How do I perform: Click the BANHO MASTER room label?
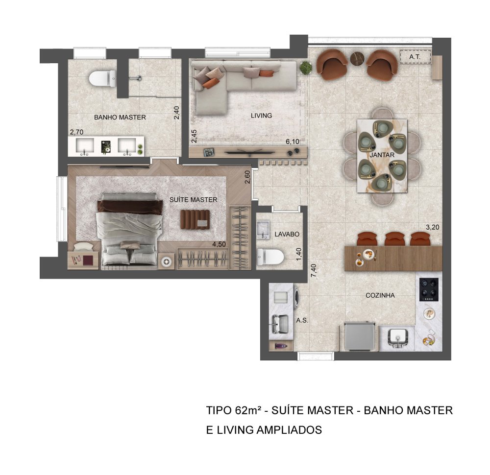point(120,118)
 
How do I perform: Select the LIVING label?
point(261,116)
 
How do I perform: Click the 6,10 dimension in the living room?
point(293,142)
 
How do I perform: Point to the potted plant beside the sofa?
point(306,68)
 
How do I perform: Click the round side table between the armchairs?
point(357,59)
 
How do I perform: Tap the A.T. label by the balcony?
point(415,57)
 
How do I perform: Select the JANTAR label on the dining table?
point(382,155)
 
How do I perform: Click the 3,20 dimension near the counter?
point(433,227)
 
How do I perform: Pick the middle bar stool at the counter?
point(395,239)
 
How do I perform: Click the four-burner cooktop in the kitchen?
point(429,289)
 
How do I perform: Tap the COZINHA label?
point(380,295)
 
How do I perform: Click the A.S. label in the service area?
point(302,320)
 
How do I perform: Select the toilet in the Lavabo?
point(270,257)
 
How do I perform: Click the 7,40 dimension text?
point(314,270)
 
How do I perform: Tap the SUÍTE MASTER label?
point(193,200)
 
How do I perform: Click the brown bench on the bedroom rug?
point(195,219)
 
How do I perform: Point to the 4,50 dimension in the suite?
point(219,244)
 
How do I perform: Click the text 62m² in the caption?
point(247,410)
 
